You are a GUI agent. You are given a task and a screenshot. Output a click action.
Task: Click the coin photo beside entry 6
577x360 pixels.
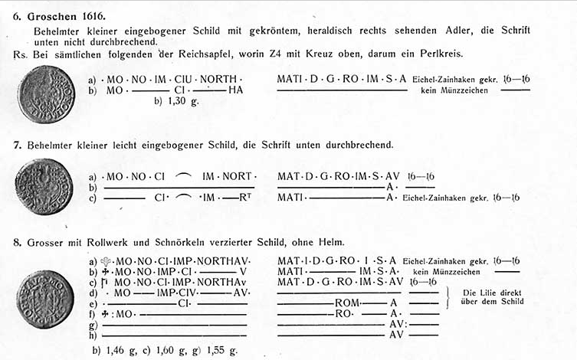[x=45, y=94]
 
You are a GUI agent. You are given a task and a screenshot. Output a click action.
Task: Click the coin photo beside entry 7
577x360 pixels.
[x=44, y=186]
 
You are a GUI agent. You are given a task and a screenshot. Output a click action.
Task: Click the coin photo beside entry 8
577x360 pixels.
[x=45, y=299]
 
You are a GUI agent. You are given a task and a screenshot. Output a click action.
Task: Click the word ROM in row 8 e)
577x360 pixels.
[x=346, y=303]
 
